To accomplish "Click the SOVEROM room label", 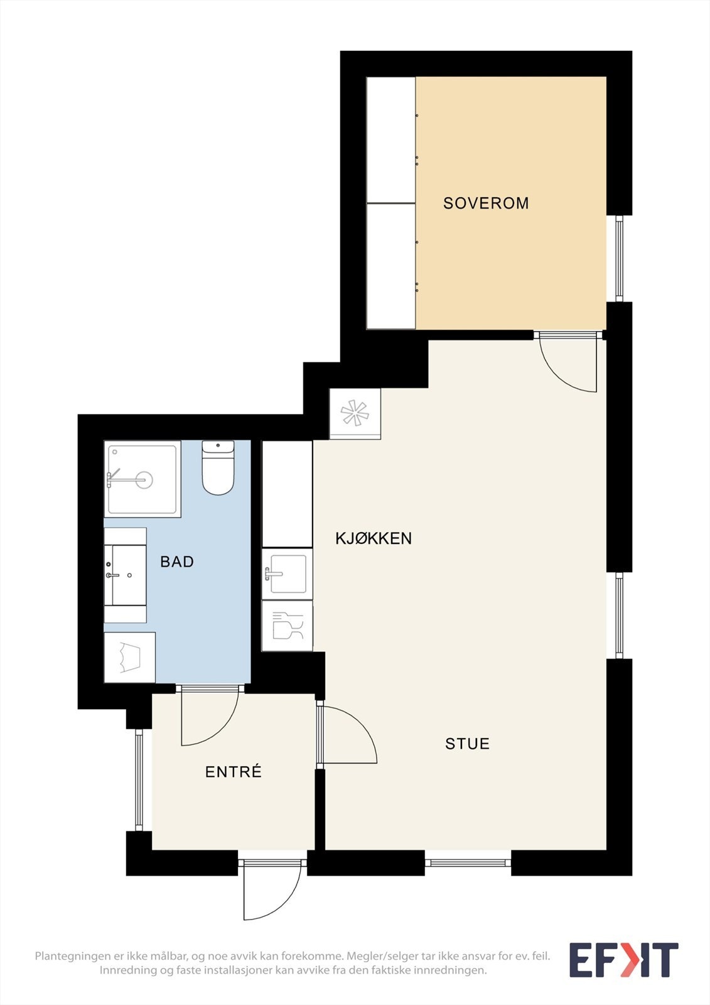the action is [x=486, y=204].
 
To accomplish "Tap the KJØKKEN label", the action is [x=374, y=538].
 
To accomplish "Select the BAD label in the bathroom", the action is [x=177, y=562].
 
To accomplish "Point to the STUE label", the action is [x=467, y=744].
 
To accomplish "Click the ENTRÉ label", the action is [x=234, y=772].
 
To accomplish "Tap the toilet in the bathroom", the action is [x=218, y=467].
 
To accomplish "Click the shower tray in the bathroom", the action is [x=143, y=479].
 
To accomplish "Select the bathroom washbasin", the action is [x=126, y=575].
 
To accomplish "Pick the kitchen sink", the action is [x=287, y=573].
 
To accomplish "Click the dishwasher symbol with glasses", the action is [x=288, y=626].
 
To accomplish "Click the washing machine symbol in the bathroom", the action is [x=129, y=658].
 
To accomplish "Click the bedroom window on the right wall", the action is [x=620, y=258].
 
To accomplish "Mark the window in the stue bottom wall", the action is [x=468, y=862].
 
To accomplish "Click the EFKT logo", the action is [x=624, y=960].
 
